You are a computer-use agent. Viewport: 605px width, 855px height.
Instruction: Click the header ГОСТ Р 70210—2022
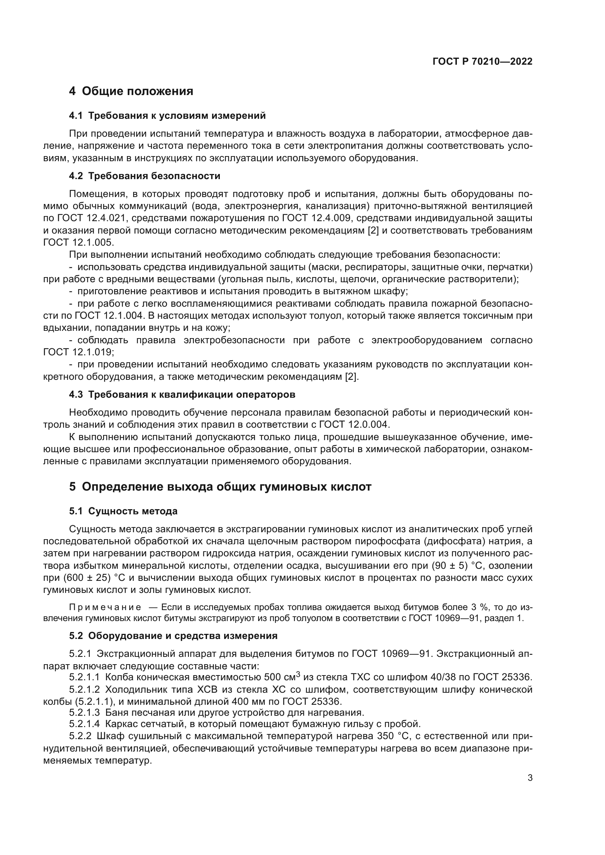point(482,62)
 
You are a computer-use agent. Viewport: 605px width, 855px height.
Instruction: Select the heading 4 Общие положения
point(131,91)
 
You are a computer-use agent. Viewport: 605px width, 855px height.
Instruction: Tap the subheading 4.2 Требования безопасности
point(144,176)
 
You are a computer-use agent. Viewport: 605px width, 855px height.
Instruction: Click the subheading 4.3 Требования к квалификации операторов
point(182,395)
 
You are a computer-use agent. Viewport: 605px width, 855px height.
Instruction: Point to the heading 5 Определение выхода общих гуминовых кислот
point(220,487)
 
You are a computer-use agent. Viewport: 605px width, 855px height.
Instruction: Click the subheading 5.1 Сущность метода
point(123,511)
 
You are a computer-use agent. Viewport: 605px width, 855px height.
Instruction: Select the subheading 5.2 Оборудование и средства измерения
point(173,636)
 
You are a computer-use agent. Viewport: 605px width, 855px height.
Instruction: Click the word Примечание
point(105,608)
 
